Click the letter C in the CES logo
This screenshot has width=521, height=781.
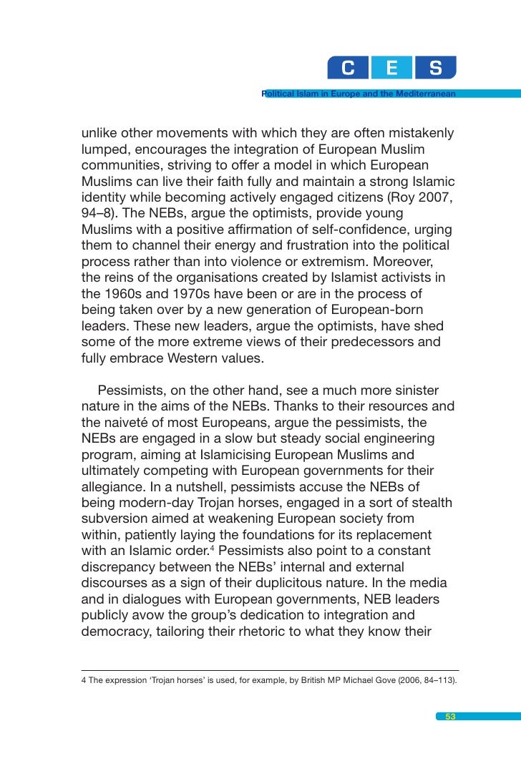(x=349, y=69)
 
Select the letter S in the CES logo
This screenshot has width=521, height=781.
(x=435, y=69)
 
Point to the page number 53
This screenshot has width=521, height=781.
(x=451, y=717)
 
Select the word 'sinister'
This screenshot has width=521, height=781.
(x=413, y=390)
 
